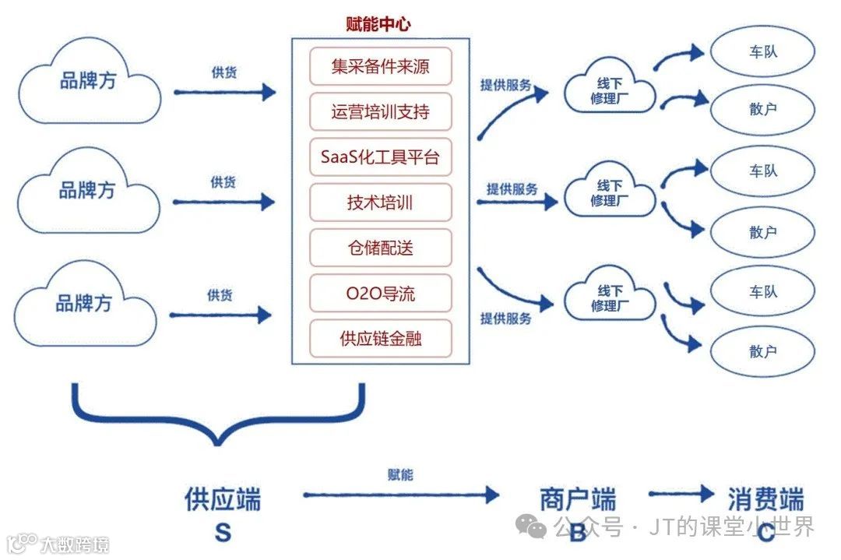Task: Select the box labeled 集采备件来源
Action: (380, 67)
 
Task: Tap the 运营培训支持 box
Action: (380, 112)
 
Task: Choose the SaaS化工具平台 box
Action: (380, 157)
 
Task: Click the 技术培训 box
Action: (380, 203)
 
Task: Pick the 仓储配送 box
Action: (380, 248)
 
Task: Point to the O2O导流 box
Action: (380, 294)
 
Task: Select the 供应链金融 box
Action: (380, 339)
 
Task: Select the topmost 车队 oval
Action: (762, 52)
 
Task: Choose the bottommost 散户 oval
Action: (762, 351)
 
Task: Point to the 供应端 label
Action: (223, 498)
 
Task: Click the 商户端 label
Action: (577, 498)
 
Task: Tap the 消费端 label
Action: (765, 498)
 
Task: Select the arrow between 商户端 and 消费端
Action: (681, 493)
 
